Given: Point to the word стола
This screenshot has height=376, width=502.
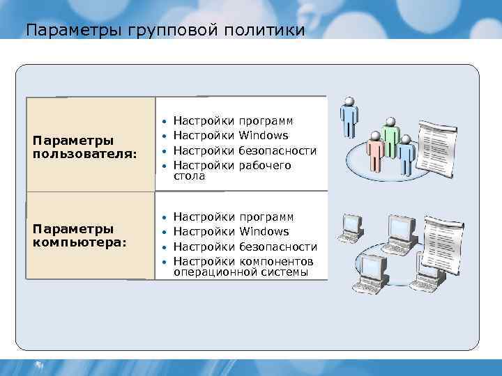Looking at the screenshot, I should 189,177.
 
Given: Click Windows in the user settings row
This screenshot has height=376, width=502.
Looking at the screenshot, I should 264,135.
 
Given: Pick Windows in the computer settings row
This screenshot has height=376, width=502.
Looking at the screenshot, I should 264,231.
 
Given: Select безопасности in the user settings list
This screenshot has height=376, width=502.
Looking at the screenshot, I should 277,150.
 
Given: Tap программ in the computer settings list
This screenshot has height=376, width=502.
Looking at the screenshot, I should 266,217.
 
